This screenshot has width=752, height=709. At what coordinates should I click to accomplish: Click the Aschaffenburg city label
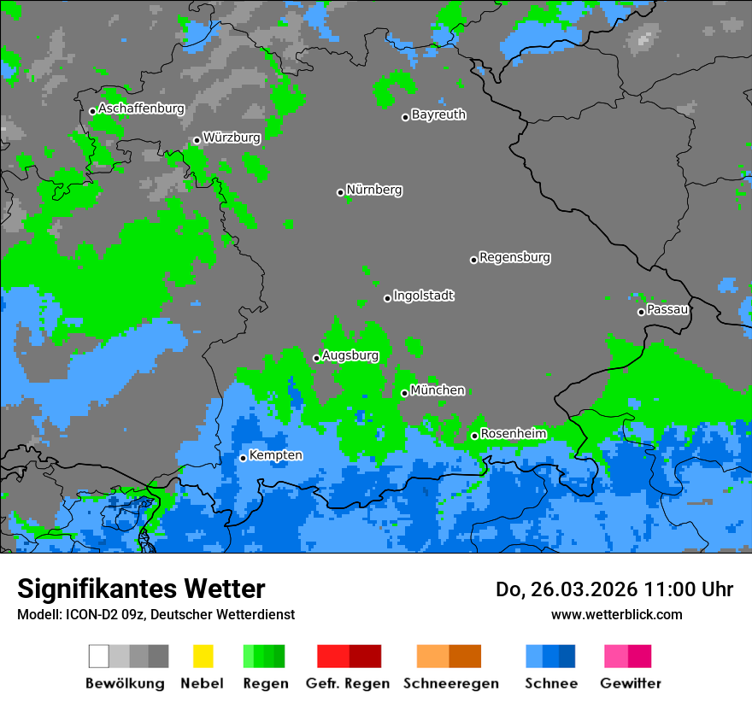tap(141, 109)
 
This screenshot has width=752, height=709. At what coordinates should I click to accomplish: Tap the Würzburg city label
tap(232, 138)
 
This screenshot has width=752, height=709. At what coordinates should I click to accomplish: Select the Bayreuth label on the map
tap(438, 114)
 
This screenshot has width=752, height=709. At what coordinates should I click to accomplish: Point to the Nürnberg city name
tap(374, 190)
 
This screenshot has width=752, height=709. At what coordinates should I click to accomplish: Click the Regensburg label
tap(514, 257)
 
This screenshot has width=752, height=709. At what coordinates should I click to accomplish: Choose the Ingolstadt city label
tap(424, 296)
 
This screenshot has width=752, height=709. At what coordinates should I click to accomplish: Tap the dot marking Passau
tap(641, 312)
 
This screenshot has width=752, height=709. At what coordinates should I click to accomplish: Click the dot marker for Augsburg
tap(316, 358)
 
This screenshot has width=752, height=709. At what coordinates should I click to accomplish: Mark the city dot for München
tap(404, 393)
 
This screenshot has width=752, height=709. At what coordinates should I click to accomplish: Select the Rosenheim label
tap(513, 434)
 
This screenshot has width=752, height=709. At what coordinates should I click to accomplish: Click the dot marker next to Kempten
tap(243, 458)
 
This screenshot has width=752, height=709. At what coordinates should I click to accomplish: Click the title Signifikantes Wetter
tap(141, 589)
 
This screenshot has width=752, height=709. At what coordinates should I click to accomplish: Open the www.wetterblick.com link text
tap(616, 614)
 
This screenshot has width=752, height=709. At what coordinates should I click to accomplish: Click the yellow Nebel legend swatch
tap(203, 656)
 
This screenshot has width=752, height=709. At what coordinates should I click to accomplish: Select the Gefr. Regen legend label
tap(348, 683)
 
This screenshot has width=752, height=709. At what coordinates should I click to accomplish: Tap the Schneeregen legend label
tap(451, 683)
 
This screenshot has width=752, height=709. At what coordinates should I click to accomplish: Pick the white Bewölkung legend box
tap(99, 656)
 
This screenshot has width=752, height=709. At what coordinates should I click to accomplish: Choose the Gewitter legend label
tap(630, 683)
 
